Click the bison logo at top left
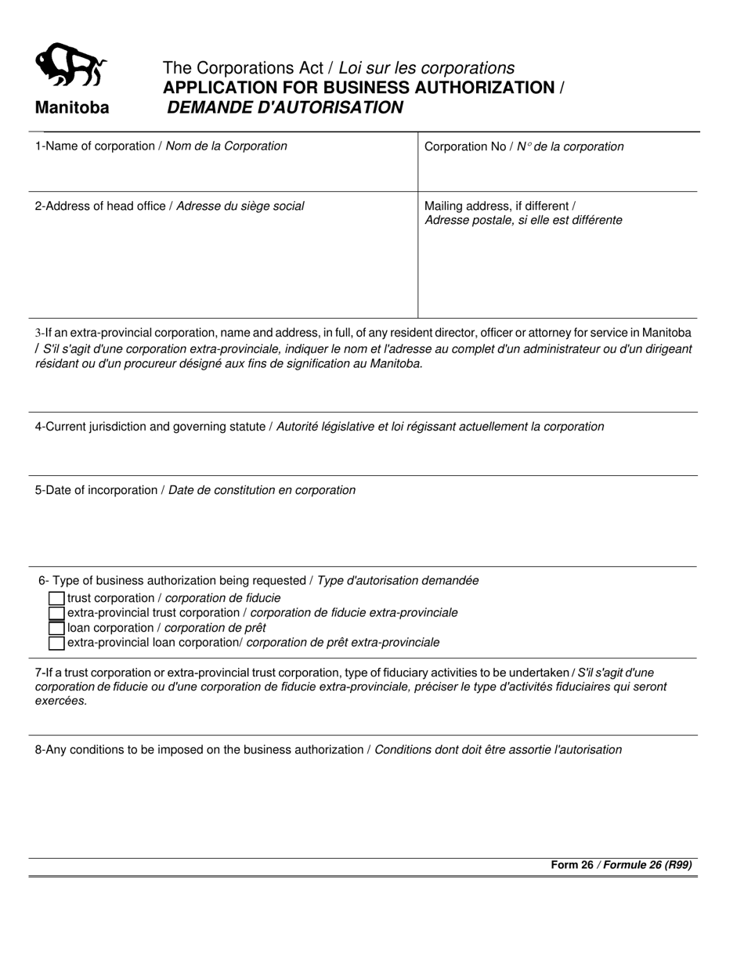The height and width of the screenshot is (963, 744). point(71,66)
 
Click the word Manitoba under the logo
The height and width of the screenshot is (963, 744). point(71,109)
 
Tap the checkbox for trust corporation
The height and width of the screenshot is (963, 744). point(56,598)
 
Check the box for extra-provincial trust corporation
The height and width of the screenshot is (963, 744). point(56,613)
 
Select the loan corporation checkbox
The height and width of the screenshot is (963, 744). point(56,628)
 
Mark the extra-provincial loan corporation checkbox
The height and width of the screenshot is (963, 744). point(56,643)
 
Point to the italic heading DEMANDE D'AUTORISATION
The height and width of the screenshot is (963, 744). point(285,108)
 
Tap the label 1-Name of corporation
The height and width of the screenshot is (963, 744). point(95,146)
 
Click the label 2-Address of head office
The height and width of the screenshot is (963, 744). point(101,207)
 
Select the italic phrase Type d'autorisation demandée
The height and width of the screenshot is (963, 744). point(398,581)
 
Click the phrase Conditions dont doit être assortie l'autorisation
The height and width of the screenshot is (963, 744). point(498,750)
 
